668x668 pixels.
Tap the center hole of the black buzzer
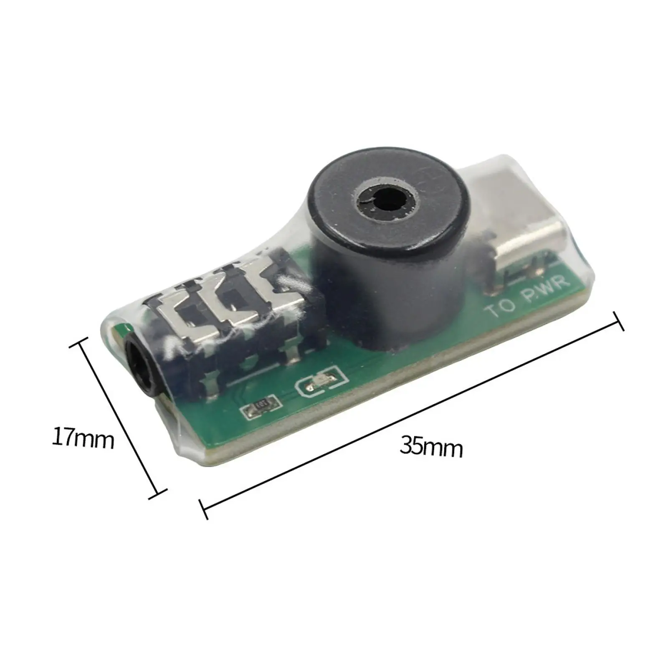point(386,200)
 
